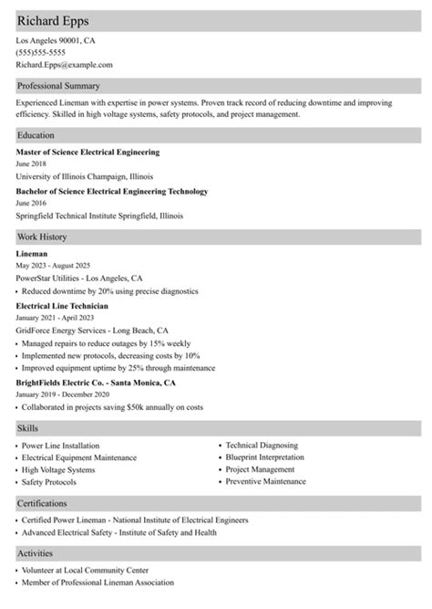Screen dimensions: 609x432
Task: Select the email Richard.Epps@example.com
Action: tap(65, 65)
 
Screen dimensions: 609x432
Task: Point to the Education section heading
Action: tap(36, 135)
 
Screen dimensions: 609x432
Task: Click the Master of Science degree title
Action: tap(88, 152)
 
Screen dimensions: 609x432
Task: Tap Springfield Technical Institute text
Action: tap(99, 216)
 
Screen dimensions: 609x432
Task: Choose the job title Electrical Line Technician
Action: tap(62, 305)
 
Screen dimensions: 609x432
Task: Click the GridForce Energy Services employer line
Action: tap(92, 330)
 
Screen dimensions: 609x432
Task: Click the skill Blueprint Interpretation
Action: tap(265, 457)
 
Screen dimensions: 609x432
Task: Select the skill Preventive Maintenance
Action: tap(266, 480)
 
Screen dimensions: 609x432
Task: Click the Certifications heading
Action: tap(42, 503)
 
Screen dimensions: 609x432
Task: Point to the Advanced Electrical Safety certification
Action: tap(119, 531)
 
